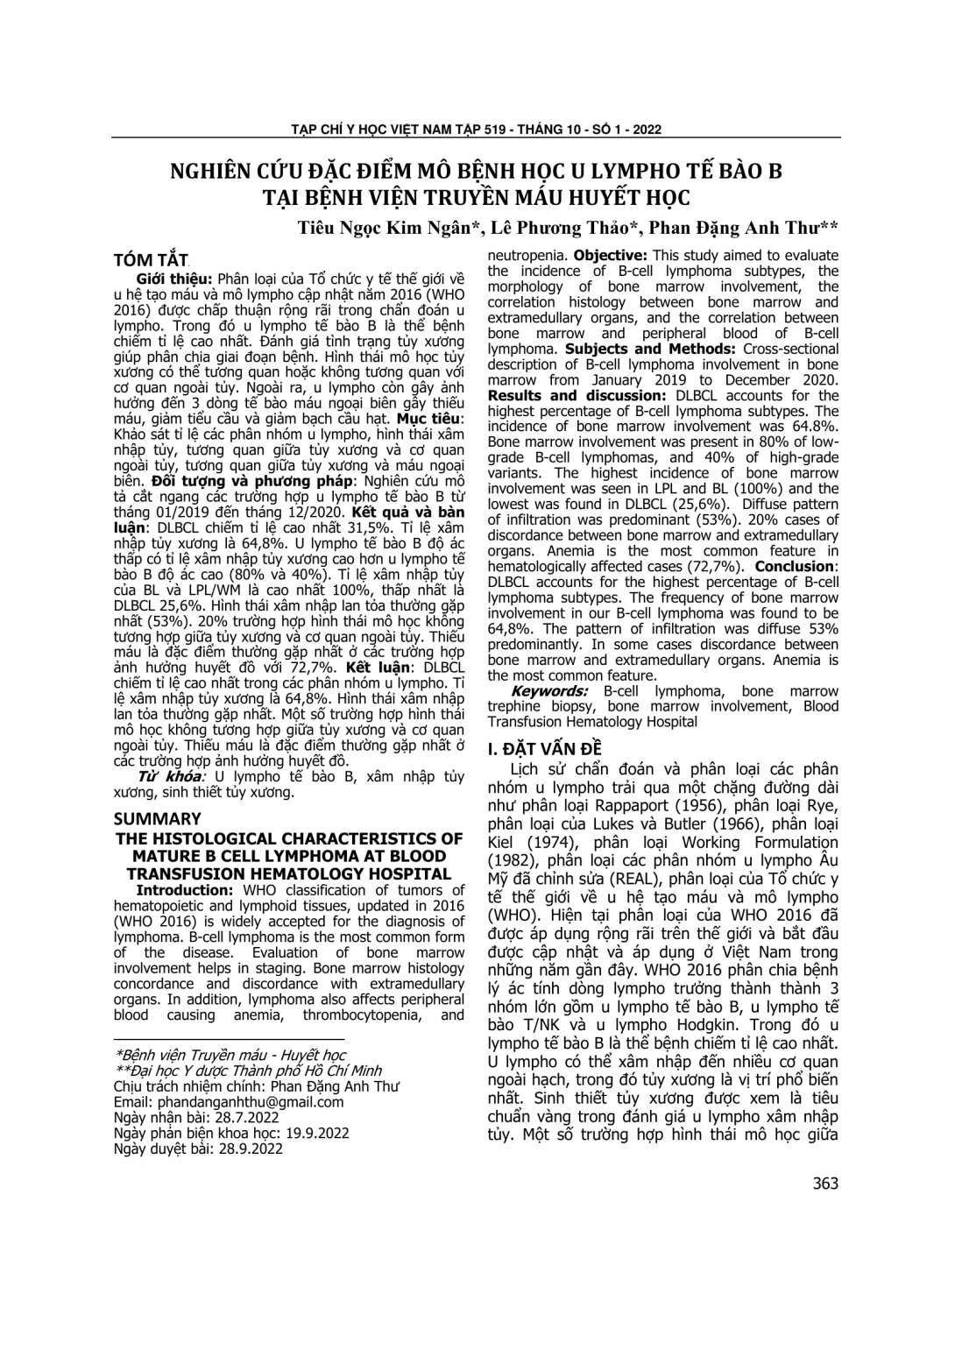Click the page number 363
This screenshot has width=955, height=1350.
click(824, 1184)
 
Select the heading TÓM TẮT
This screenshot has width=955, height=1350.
click(151, 259)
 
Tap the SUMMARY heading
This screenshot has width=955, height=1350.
click(158, 818)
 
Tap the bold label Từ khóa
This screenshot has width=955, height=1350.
click(170, 776)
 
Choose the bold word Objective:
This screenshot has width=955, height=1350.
click(611, 257)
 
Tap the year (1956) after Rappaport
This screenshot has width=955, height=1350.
click(690, 806)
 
